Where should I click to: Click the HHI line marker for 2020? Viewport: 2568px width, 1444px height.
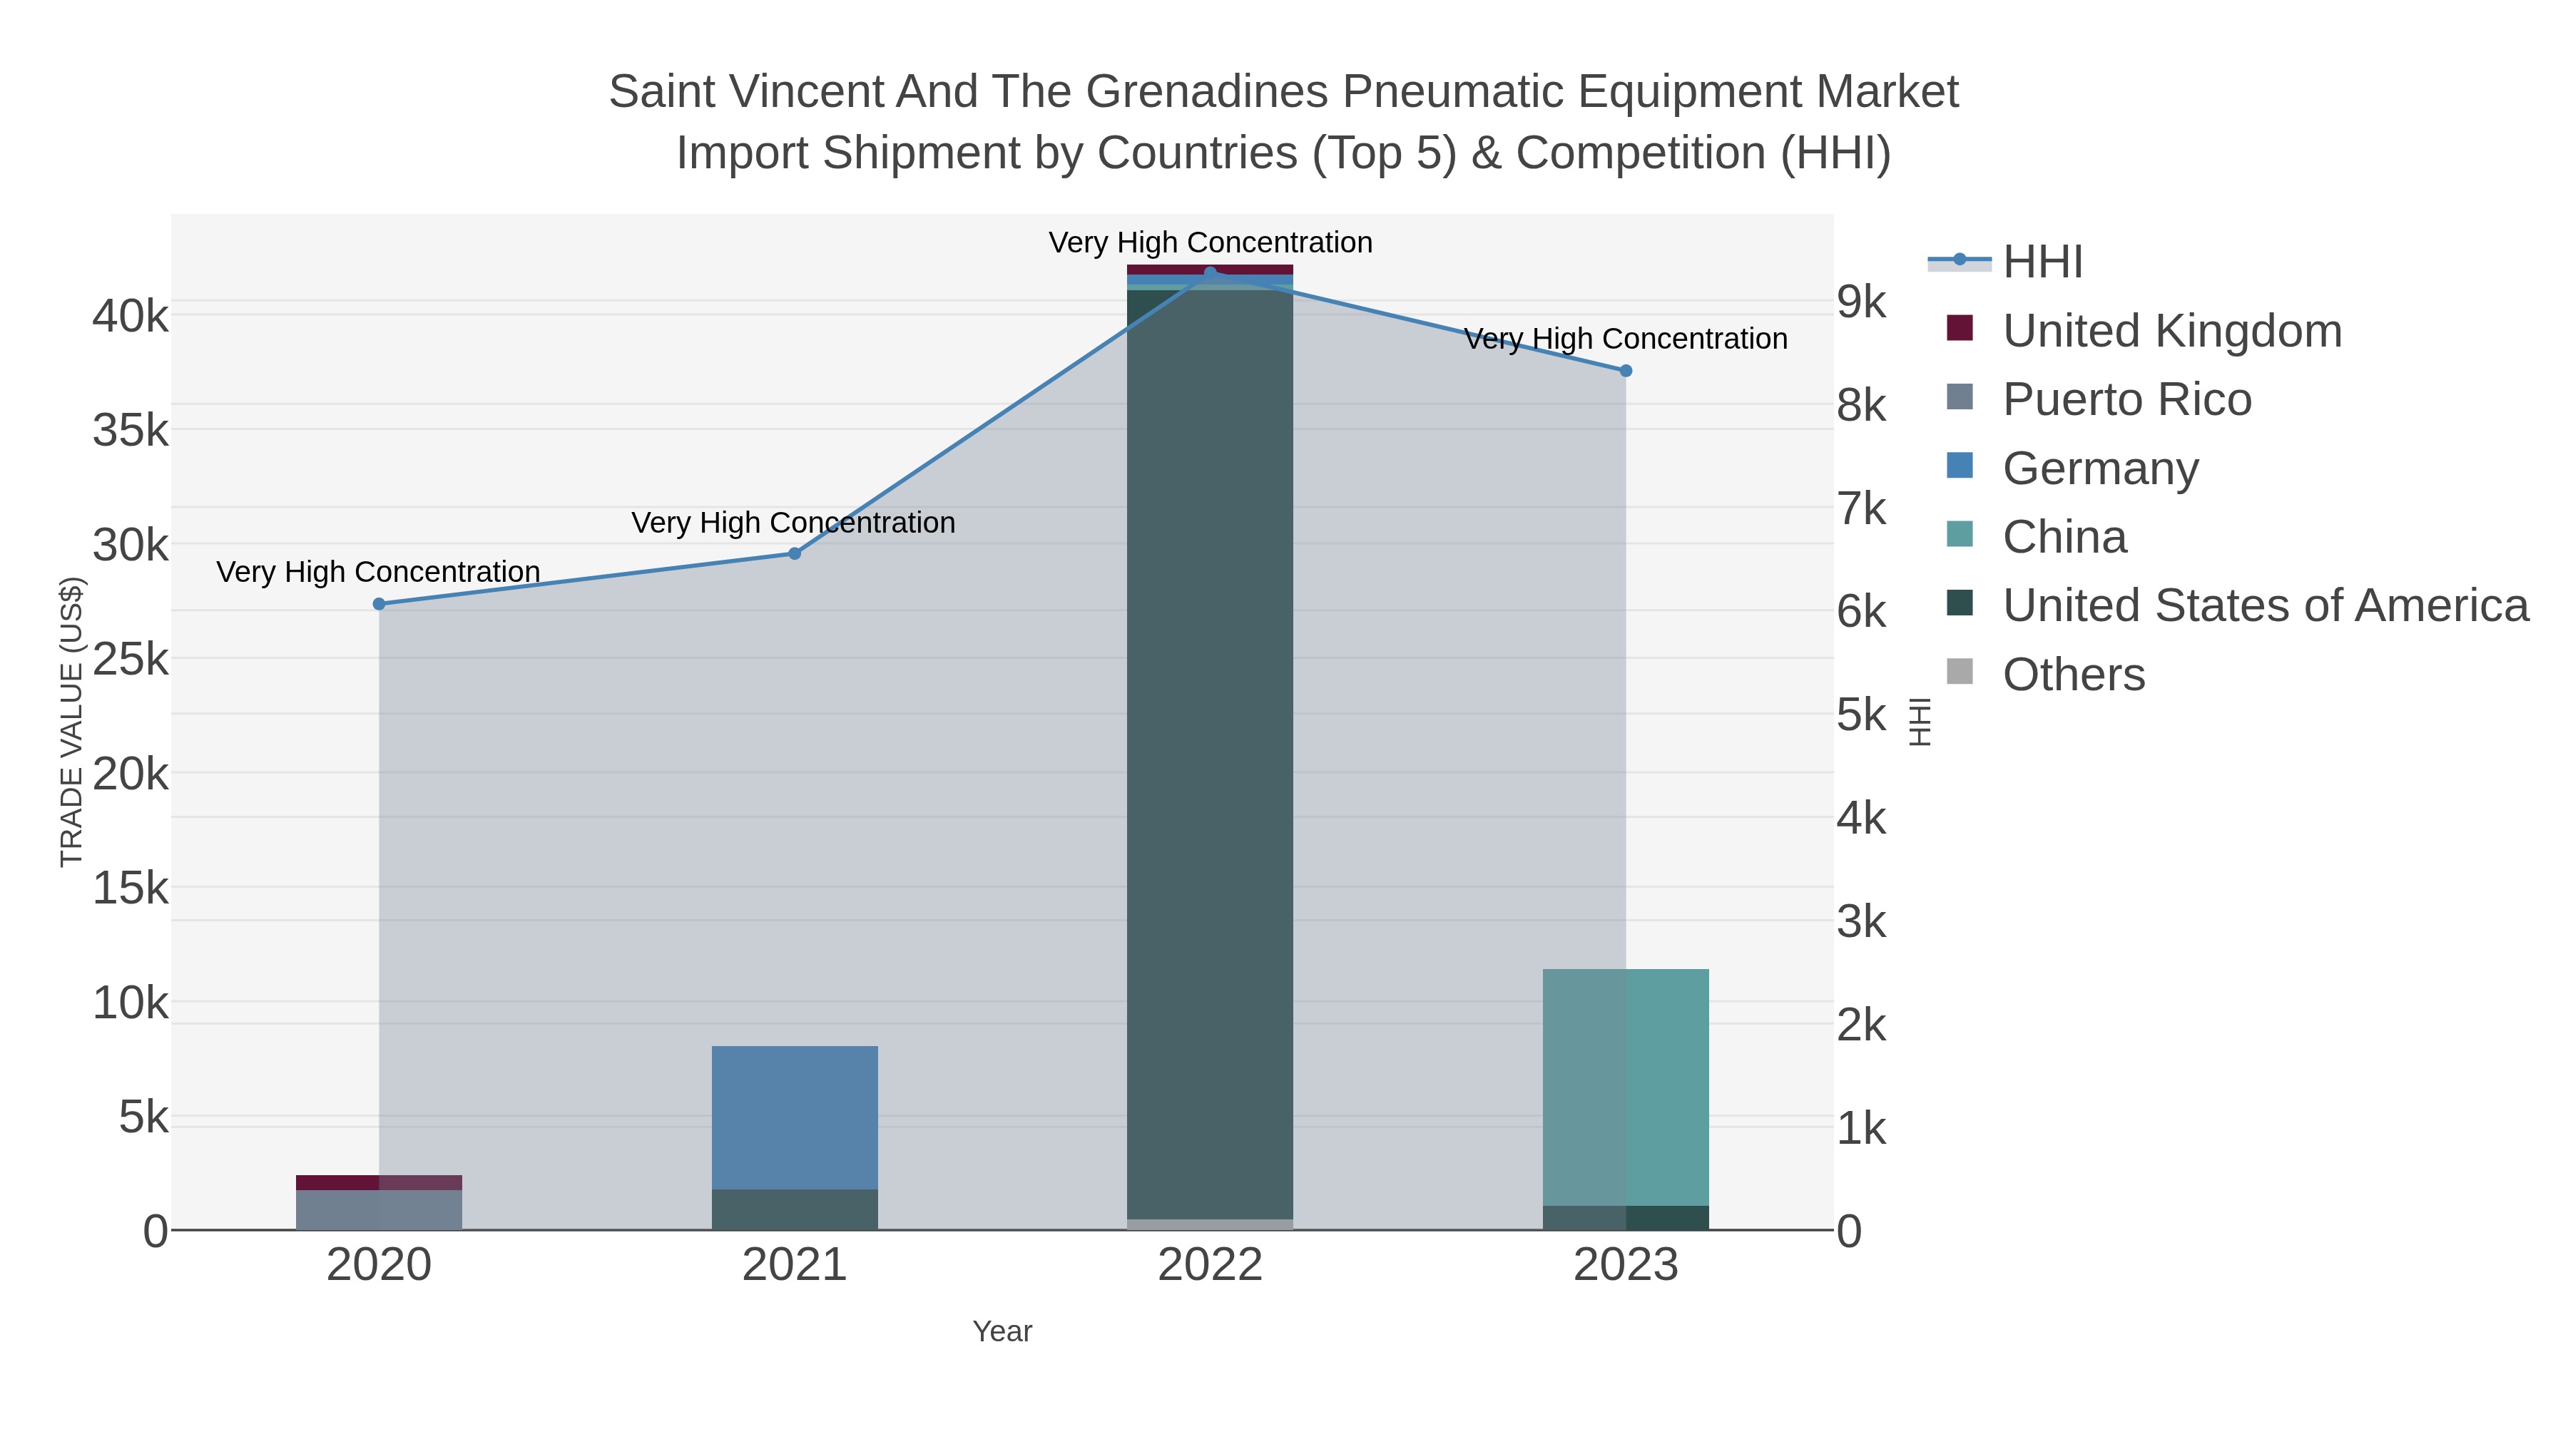click(x=379, y=604)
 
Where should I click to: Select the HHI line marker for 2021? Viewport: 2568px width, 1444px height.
click(x=795, y=553)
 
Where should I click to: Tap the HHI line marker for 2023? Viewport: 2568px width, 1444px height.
click(x=1626, y=371)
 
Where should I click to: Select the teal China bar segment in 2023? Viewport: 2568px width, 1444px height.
click(x=1626, y=1086)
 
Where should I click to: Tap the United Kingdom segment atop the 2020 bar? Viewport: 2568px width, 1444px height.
click(x=379, y=1182)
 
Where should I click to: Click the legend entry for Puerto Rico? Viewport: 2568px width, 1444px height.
click(x=2126, y=399)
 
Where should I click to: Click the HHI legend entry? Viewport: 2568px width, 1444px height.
click(x=2042, y=262)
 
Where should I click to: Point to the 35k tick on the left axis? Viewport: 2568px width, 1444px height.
click(x=131, y=431)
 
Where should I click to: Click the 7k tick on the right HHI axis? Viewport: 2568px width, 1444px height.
click(x=1861, y=508)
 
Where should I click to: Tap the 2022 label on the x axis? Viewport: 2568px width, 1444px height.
click(x=1211, y=1266)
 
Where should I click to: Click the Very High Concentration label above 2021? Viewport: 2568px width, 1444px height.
click(x=793, y=523)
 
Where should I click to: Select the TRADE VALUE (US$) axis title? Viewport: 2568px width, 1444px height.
click(x=72, y=722)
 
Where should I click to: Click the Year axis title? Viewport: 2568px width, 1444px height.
click(x=1002, y=1331)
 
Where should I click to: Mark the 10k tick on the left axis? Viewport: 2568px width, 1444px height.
click(x=131, y=1003)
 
